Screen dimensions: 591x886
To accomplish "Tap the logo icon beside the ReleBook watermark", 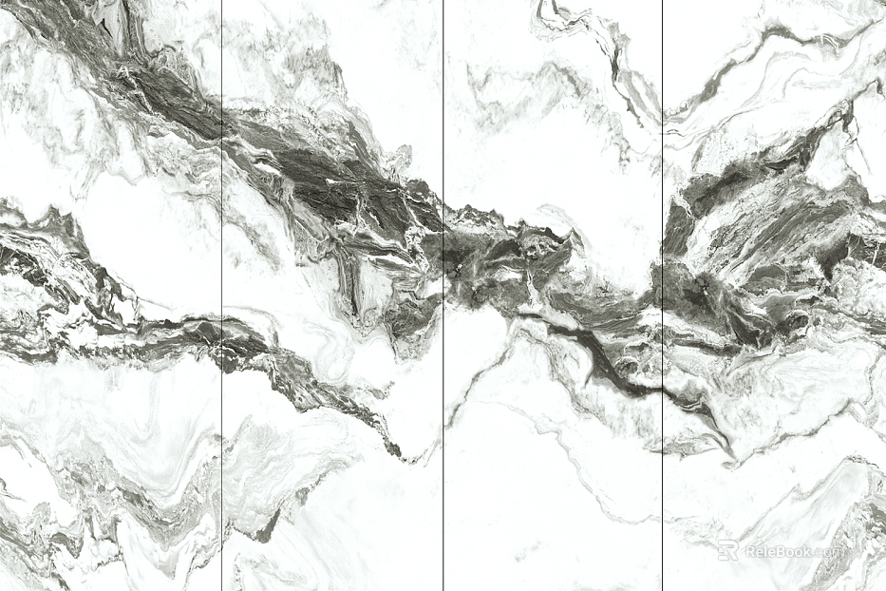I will click(727, 550).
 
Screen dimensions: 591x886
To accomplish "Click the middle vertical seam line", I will click(443, 428).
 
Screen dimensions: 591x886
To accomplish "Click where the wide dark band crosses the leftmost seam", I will click(221, 124).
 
